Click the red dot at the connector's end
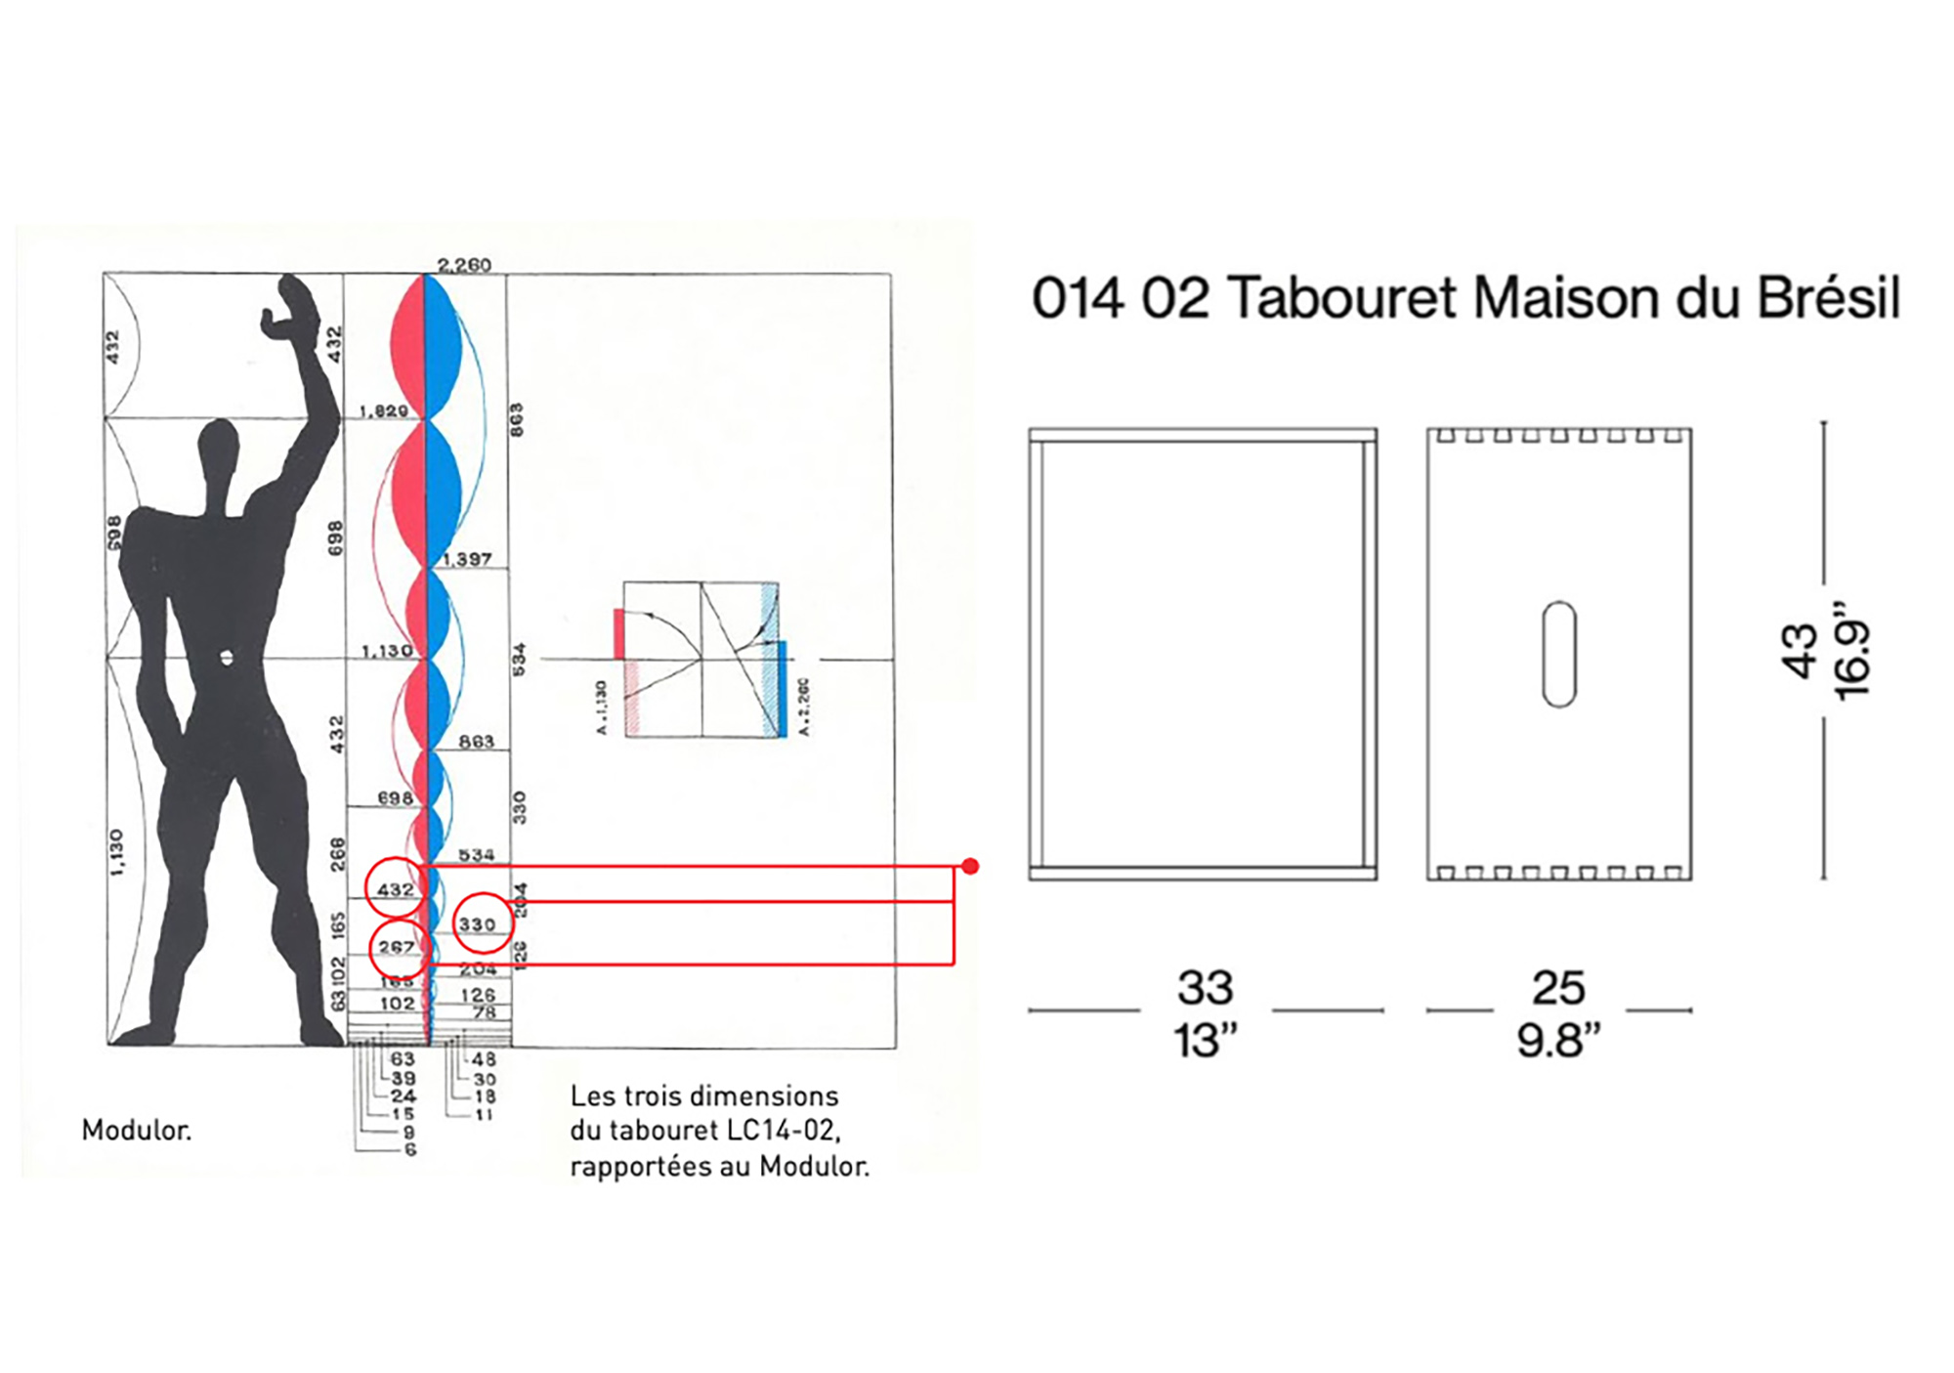pyautogui.click(x=969, y=866)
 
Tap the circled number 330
pyautogui.click(x=478, y=923)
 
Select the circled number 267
pyautogui.click(x=396, y=947)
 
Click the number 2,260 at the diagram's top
pyautogui.click(x=464, y=265)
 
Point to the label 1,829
pyautogui.click(x=383, y=410)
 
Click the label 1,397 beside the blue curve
pyautogui.click(x=467, y=559)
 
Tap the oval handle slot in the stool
pyautogui.click(x=1558, y=654)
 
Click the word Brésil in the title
pyautogui.click(x=1828, y=298)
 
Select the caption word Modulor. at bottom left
pyautogui.click(x=137, y=1131)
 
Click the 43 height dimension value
pyautogui.click(x=1800, y=651)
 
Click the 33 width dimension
pyautogui.click(x=1206, y=988)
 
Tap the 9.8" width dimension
pyautogui.click(x=1558, y=1041)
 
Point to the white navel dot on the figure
pyautogui.click(x=227, y=658)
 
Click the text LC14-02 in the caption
pyautogui.click(x=782, y=1131)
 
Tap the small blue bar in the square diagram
pyautogui.click(x=782, y=688)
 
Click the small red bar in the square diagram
pyautogui.click(x=618, y=633)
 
